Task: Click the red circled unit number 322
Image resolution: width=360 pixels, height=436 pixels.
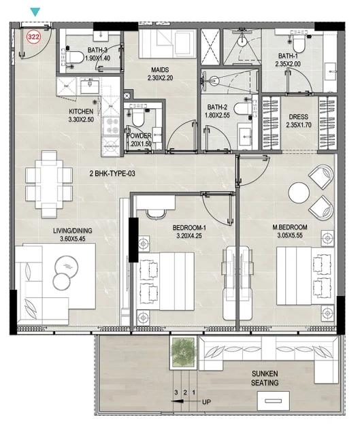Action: [33, 37]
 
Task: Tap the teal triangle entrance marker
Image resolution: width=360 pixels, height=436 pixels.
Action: [35, 12]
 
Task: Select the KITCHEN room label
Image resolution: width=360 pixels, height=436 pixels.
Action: [81, 112]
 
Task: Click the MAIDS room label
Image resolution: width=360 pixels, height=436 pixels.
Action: [160, 69]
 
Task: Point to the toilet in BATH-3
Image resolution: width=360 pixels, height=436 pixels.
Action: [74, 57]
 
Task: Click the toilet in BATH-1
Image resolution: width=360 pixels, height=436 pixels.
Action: [299, 44]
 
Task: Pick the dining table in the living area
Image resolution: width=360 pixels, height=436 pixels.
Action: [49, 184]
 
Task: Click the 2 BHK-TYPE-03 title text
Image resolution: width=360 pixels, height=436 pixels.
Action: [112, 173]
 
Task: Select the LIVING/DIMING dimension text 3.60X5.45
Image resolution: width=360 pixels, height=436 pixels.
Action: [72, 239]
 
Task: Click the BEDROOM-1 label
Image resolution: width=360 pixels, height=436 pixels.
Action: [189, 228]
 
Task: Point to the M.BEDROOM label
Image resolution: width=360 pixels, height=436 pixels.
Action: [290, 227]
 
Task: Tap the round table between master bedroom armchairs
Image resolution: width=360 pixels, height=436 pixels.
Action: [299, 192]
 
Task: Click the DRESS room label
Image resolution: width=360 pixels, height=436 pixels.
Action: [299, 117]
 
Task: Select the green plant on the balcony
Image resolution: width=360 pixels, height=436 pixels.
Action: [183, 352]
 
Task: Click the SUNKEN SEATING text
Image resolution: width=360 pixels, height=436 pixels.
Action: [265, 378]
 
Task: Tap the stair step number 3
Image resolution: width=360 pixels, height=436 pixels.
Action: [176, 392]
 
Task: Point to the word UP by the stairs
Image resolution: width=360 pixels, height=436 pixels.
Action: [206, 402]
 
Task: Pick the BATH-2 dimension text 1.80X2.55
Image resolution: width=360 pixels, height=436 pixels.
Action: [217, 115]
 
